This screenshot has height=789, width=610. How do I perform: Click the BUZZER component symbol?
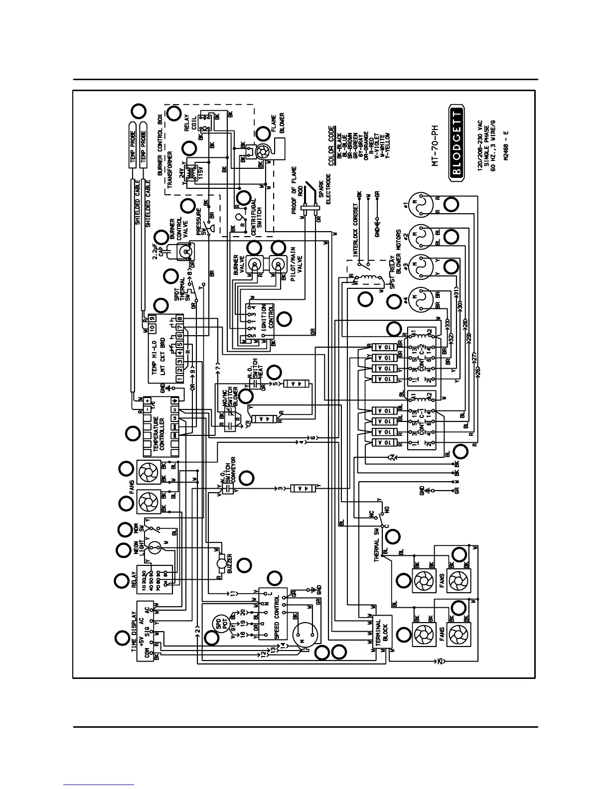pyautogui.click(x=219, y=566)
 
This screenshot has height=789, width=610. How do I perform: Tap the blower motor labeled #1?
pyautogui.click(x=418, y=205)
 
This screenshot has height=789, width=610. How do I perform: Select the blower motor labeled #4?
pyautogui.click(x=418, y=298)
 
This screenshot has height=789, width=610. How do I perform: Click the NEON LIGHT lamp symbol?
pyautogui.click(x=155, y=548)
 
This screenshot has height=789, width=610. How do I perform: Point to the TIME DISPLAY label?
pyautogui.click(x=133, y=632)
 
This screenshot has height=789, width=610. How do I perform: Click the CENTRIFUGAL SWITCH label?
pyautogui.click(x=256, y=217)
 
